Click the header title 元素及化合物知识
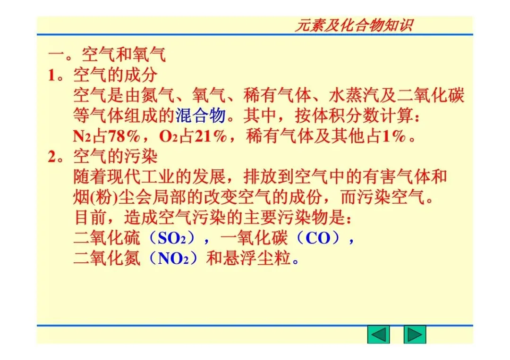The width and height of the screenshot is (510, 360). pos(353,25)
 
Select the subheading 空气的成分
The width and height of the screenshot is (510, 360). pos(115,75)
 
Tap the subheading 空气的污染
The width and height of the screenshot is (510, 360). pos(115,156)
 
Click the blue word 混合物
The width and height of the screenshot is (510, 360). pos(201,116)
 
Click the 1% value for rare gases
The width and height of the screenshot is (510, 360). pos(394,136)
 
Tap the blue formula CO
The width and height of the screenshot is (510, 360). pos(318,238)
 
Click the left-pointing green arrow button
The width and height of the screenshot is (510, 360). pos(378,335)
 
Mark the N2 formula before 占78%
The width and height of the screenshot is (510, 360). pos(82,137)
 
